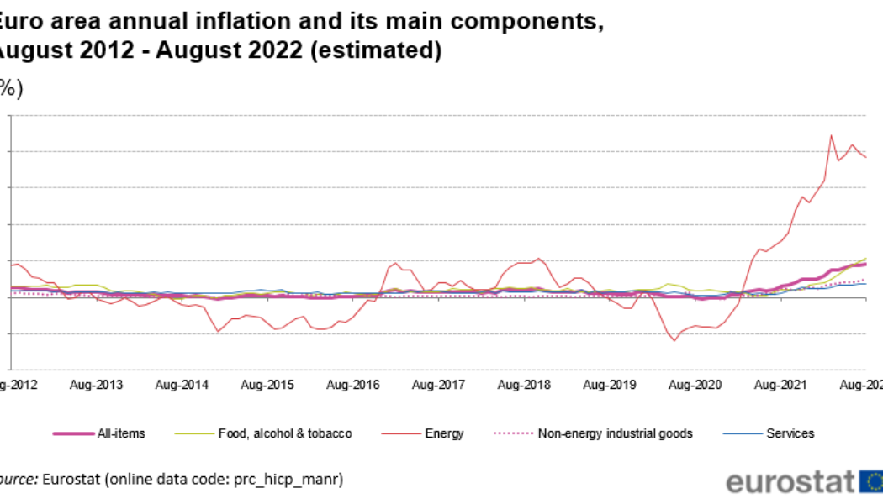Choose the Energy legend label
pos(444,433)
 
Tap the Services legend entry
pos(790,433)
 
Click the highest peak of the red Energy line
pos(831,134)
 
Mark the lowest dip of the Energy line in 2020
pos(674,340)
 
